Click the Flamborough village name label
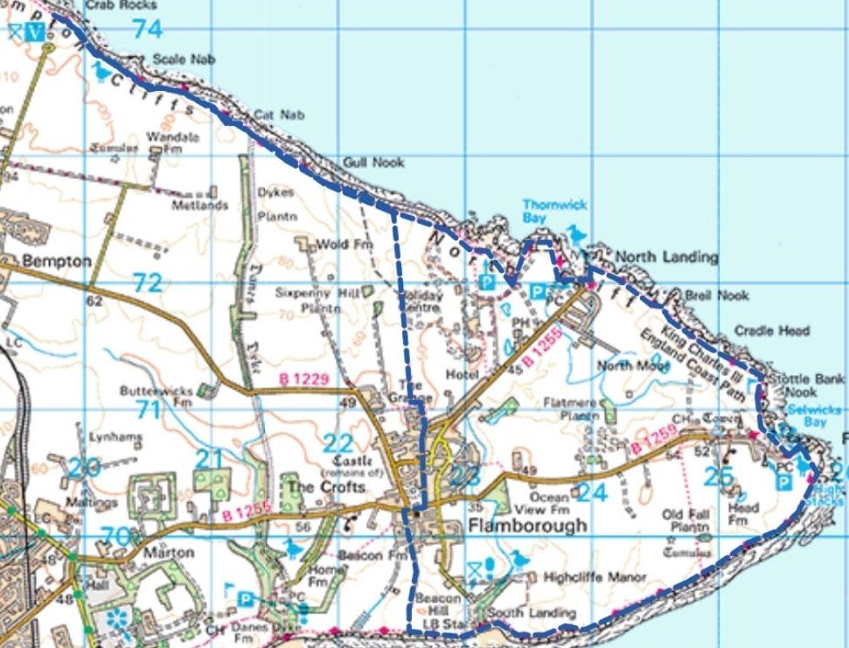[x=512, y=526]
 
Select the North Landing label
[x=666, y=257]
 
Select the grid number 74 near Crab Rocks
[x=148, y=29]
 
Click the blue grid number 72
[x=148, y=282]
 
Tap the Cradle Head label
[x=771, y=331]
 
